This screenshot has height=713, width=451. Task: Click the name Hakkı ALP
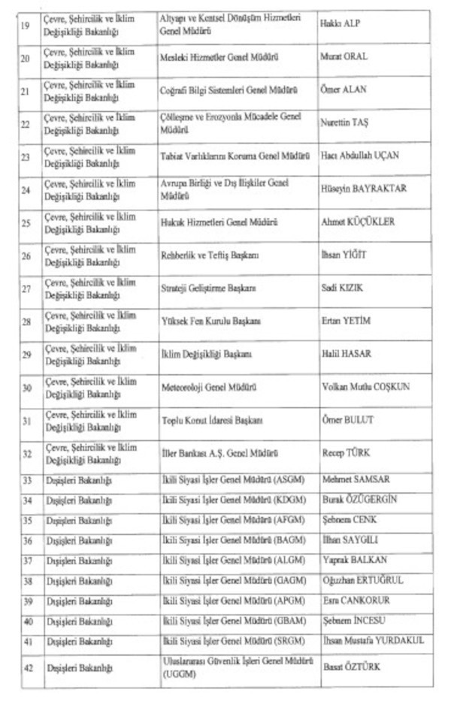tap(341, 24)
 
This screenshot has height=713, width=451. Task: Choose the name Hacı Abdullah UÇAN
tap(359, 156)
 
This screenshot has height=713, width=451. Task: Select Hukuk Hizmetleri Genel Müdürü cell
tap(219, 222)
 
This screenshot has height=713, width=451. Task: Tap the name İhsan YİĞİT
tap(344, 255)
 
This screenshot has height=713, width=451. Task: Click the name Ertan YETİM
tap(346, 321)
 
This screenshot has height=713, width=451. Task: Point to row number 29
tap(26, 354)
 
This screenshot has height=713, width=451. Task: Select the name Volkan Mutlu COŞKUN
tap(365, 388)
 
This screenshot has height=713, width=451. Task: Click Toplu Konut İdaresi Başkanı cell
tap(213, 420)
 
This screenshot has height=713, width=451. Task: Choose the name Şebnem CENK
tap(349, 520)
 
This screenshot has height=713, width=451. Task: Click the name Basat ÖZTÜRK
tap(353, 667)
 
